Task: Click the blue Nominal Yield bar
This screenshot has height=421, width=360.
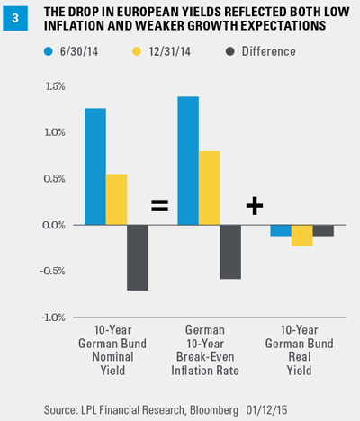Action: click(x=95, y=166)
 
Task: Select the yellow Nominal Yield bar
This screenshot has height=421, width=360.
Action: click(x=116, y=200)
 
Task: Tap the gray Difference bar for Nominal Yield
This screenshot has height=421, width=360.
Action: click(x=138, y=257)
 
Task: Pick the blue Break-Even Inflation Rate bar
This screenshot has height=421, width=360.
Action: click(x=188, y=161)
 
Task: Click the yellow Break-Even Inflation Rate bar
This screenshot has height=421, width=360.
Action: click(x=209, y=188)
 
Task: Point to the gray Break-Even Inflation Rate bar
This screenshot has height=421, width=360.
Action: click(x=230, y=252)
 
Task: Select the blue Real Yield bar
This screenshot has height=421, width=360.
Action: click(x=281, y=230)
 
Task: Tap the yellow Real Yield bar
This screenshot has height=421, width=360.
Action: click(x=301, y=236)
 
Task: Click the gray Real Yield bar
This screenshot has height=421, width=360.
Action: click(x=323, y=230)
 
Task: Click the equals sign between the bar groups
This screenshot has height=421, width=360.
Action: click(x=159, y=206)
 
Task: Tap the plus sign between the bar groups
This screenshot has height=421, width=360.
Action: click(x=255, y=206)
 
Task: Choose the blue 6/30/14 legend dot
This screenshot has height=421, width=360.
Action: click(x=49, y=51)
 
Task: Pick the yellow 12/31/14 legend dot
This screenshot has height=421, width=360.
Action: click(x=137, y=51)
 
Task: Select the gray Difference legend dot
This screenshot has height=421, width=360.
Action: click(x=230, y=51)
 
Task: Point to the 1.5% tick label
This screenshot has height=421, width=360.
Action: click(x=55, y=86)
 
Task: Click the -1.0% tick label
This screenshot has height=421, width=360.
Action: click(x=53, y=318)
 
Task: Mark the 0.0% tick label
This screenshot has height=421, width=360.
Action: click(x=54, y=225)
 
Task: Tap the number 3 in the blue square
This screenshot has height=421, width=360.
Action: click(x=15, y=18)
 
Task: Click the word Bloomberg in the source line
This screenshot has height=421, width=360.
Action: click(x=214, y=410)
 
